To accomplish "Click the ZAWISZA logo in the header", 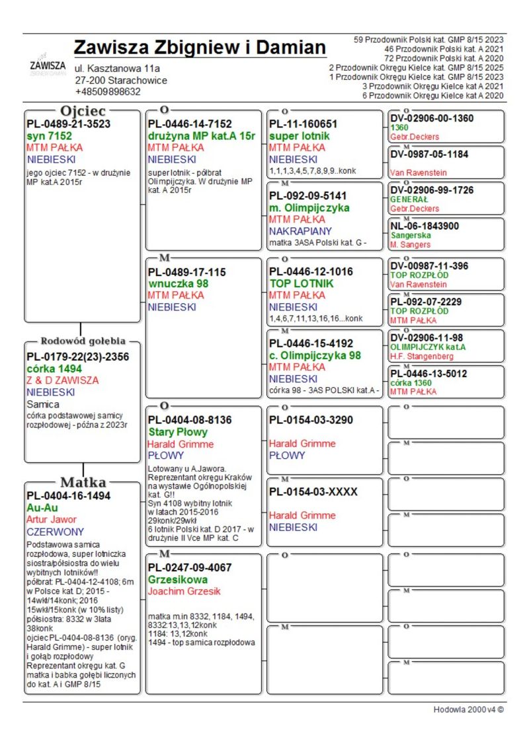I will pyautogui.click(x=48, y=67).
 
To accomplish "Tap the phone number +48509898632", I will pyautogui.click(x=108, y=92).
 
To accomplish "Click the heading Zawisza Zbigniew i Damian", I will pyautogui.click(x=200, y=48).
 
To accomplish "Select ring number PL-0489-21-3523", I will pyautogui.click(x=68, y=124).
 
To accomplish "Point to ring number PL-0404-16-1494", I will pyautogui.click(x=68, y=496).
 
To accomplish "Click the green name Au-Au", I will pyautogui.click(x=42, y=508).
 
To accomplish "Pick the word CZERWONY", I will pyautogui.click(x=56, y=532).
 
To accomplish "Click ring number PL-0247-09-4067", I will pyautogui.click(x=190, y=567).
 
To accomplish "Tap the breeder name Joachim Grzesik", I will pyautogui.click(x=184, y=591).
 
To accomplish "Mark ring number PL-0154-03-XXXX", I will pyautogui.click(x=313, y=492).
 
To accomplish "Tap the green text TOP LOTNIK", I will pyautogui.click(x=302, y=283).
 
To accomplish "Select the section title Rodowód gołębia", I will pyautogui.click(x=83, y=341).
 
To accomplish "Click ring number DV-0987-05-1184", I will pyautogui.click(x=429, y=155).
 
